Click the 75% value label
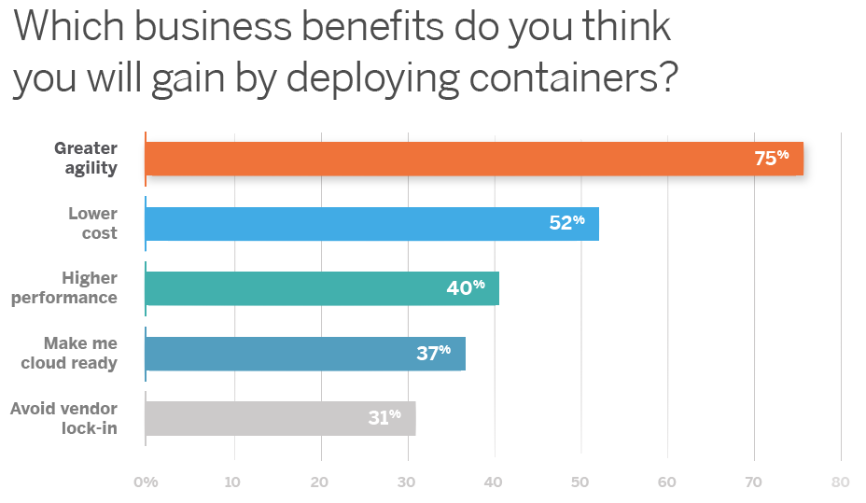[x=771, y=159]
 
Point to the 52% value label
[x=566, y=223]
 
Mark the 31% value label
[x=384, y=417]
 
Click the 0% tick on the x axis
[x=146, y=482]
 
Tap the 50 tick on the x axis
[x=580, y=482]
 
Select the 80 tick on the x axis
[x=840, y=482]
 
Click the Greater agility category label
[x=86, y=159]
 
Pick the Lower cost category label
[x=93, y=224]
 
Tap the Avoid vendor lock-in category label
[x=64, y=418]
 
